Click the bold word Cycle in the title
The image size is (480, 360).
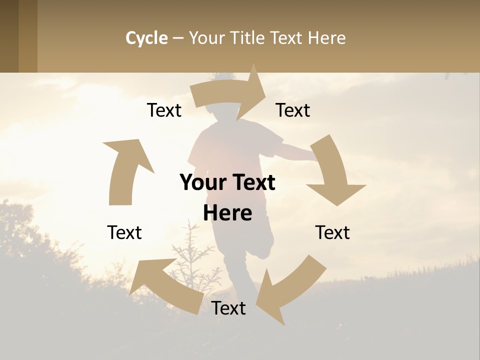tap(146, 38)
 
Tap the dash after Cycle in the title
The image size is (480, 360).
tap(178, 38)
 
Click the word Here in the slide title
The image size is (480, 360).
tap(326, 38)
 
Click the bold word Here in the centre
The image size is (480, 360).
tap(227, 213)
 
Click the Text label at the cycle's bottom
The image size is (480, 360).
tap(228, 308)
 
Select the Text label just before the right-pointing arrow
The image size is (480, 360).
tap(164, 110)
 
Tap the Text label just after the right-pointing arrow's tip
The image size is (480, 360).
tap(293, 110)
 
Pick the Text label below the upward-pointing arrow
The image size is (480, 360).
tap(124, 232)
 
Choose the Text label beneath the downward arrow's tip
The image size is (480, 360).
tap(332, 232)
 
